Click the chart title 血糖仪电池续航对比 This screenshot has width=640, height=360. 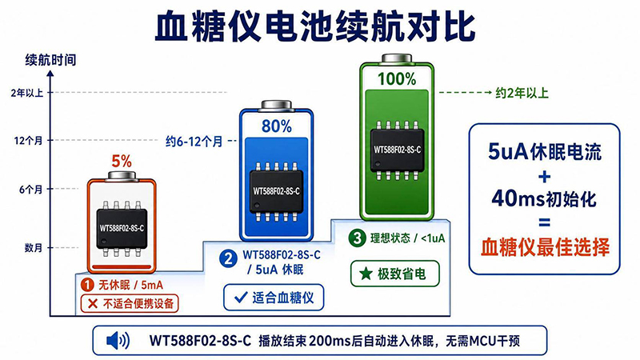[x=314, y=26]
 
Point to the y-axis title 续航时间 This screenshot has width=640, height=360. [x=50, y=60]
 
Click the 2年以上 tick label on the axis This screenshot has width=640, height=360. [x=27, y=93]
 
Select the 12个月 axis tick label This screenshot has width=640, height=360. [x=28, y=141]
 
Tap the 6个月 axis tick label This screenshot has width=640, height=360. [x=30, y=190]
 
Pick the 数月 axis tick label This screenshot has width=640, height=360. [x=34, y=248]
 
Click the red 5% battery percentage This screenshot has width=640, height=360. [x=122, y=162]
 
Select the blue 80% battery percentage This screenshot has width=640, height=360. [x=276, y=126]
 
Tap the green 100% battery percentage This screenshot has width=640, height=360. [x=396, y=78]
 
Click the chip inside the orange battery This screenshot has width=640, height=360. [x=122, y=229]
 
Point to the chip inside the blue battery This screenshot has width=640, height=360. [x=276, y=191]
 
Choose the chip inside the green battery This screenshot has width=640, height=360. [x=397, y=150]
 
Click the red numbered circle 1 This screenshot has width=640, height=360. [x=87, y=285]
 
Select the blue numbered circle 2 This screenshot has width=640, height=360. [x=228, y=258]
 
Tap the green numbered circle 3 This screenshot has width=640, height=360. [x=357, y=238]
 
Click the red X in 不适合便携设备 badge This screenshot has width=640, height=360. [x=93, y=304]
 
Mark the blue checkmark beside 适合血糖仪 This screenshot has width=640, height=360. [x=241, y=297]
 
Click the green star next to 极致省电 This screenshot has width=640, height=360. [x=366, y=274]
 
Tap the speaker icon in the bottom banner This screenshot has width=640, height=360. [x=118, y=341]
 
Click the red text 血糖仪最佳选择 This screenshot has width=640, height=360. [x=545, y=247]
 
